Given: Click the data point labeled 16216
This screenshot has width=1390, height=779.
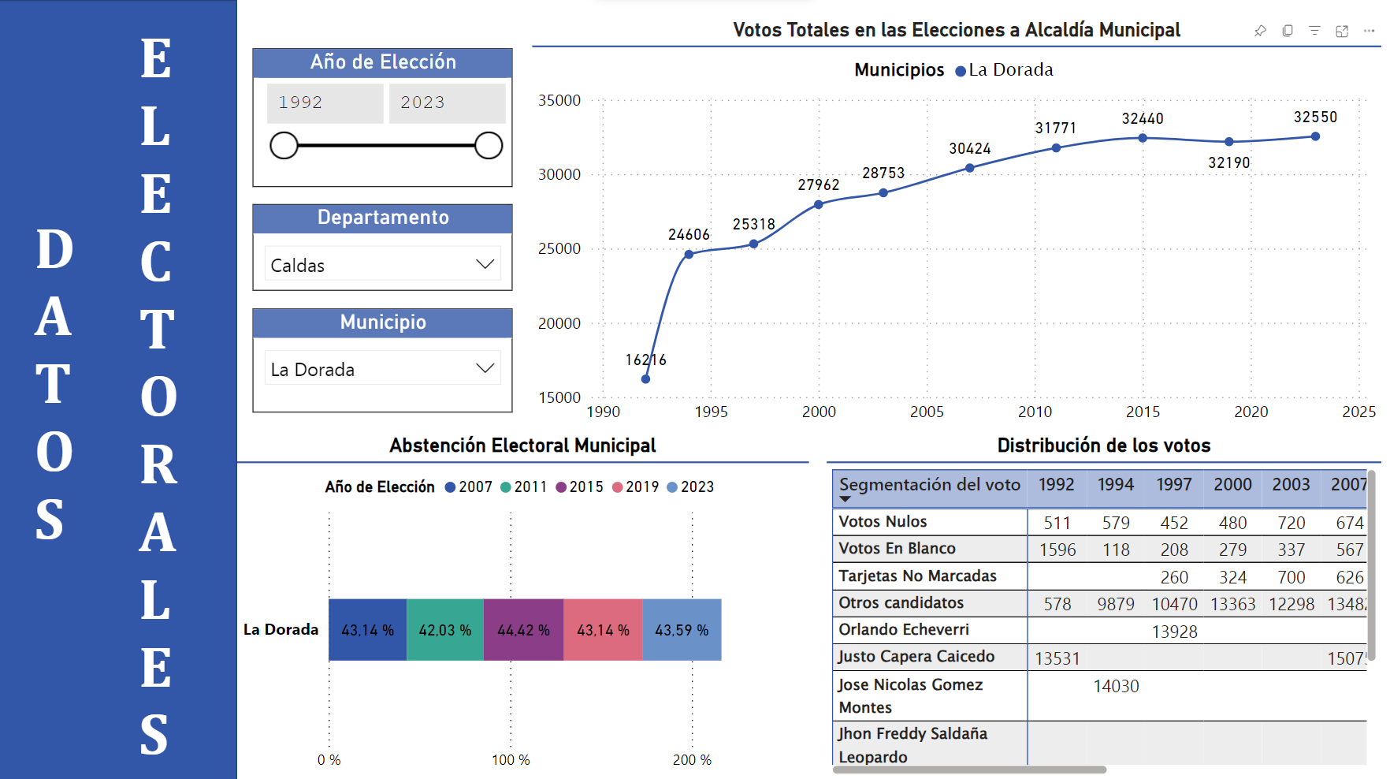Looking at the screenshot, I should click(x=645, y=379).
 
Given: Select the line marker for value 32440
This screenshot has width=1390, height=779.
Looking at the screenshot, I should click(x=1143, y=138).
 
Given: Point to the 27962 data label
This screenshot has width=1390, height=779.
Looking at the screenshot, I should click(x=818, y=184).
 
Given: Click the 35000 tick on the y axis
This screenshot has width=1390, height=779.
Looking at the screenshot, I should click(x=559, y=100).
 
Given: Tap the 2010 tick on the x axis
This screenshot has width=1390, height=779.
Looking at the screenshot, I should click(x=1035, y=412).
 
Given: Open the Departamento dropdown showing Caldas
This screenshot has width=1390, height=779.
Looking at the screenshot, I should click(x=383, y=265).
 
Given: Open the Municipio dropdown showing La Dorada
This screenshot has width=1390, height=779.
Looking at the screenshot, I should click(x=383, y=369).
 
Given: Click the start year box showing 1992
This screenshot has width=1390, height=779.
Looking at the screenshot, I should click(x=325, y=102).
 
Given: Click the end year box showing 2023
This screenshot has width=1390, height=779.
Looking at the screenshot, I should click(x=446, y=102).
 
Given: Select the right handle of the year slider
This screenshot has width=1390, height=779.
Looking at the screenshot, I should click(x=489, y=146).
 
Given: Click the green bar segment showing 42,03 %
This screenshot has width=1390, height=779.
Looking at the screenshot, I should click(x=445, y=630).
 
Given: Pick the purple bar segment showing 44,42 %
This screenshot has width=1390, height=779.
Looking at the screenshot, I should click(x=523, y=630).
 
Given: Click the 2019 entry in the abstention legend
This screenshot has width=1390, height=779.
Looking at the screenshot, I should click(x=636, y=487).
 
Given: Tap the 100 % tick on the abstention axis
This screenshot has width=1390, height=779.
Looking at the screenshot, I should click(x=511, y=760).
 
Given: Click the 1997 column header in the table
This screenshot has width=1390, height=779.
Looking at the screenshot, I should click(x=1173, y=485).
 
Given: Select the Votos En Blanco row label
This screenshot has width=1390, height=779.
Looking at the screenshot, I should click(x=897, y=549).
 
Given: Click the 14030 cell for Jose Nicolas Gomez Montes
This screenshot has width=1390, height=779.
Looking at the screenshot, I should click(x=1116, y=687).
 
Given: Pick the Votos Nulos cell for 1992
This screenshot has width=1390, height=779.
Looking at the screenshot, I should click(x=1057, y=523).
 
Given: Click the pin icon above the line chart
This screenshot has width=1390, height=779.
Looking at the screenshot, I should click(x=1260, y=31).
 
